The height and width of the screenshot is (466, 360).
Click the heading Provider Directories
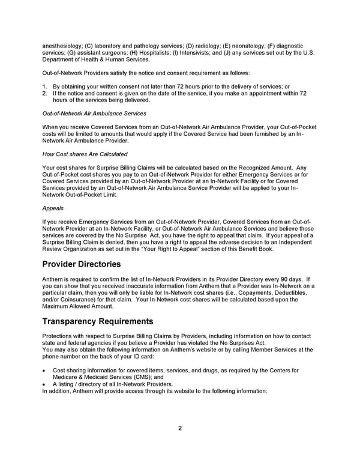82,265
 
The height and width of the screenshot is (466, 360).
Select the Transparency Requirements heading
98,321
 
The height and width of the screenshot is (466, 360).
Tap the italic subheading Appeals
53,208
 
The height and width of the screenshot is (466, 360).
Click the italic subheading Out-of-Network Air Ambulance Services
94,113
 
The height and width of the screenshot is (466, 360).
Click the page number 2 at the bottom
179,428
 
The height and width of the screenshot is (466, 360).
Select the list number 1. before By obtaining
45,86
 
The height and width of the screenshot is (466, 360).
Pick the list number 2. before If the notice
45,93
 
